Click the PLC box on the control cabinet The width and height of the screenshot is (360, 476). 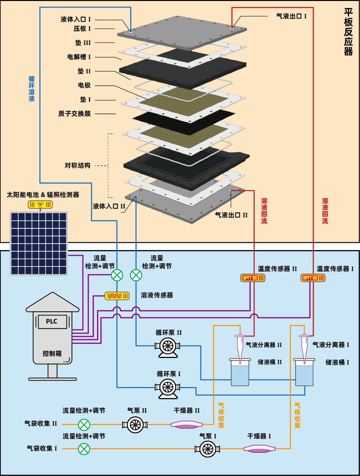click(52, 322)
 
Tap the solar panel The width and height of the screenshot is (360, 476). click(39, 243)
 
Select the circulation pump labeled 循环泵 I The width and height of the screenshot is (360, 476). click(168, 388)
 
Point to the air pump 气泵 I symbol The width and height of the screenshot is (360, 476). click(207, 449)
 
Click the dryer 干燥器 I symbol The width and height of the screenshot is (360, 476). click(259, 449)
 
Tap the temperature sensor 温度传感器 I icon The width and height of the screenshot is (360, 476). click(313, 278)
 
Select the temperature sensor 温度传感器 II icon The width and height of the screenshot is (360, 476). click(253, 278)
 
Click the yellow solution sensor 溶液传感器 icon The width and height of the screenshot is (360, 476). click(117, 296)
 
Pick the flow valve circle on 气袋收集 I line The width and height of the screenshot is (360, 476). click(84, 449)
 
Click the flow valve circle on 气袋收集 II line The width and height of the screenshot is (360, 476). click(84, 425)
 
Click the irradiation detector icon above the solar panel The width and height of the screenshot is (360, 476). click(40, 204)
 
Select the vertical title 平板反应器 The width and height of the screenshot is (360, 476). click(348, 32)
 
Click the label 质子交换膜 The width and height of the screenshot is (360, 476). click(74, 114)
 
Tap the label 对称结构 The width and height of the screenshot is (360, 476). click(77, 165)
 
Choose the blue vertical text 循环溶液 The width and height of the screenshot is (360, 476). click(32, 89)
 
